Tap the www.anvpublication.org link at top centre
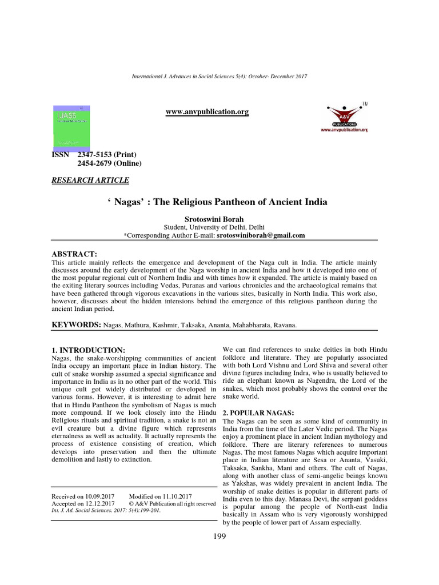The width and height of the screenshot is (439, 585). [207, 112]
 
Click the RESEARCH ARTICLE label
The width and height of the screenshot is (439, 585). [90, 181]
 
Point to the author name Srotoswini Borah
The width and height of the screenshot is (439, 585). [219, 219]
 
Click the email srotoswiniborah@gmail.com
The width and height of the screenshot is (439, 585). [260, 235]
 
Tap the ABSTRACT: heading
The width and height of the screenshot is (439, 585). [75, 254]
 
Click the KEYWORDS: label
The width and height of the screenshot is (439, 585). [76, 324]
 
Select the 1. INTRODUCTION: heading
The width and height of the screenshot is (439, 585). [88, 350]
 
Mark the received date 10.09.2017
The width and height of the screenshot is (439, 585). [99, 496]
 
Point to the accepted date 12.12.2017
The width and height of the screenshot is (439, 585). [99, 504]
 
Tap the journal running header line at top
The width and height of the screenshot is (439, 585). [219, 77]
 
